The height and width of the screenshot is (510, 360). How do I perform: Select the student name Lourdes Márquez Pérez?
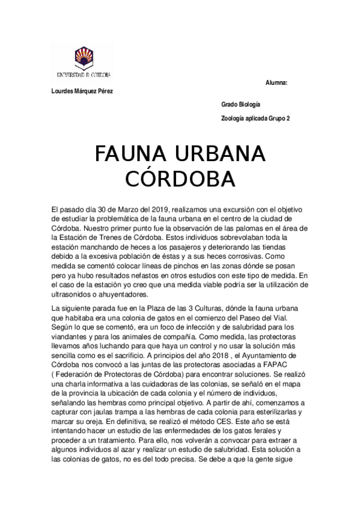[x=83, y=91]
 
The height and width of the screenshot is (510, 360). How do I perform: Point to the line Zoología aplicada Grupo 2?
[x=255, y=118]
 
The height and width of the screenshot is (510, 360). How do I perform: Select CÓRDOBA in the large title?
[x=179, y=179]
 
